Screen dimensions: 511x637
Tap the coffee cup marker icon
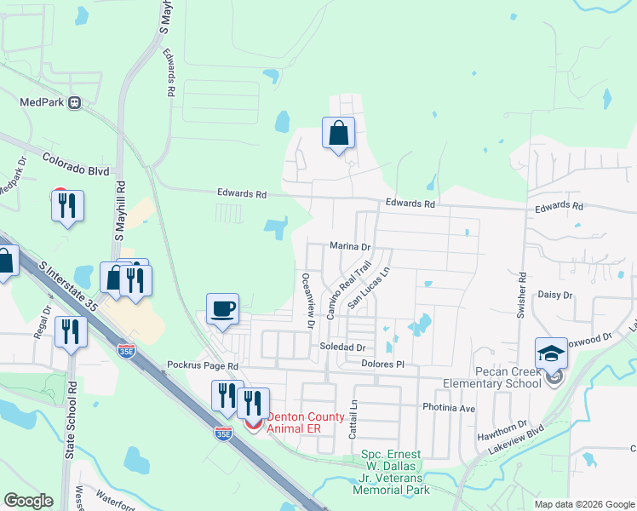[223, 308]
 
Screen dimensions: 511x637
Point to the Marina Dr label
[351, 247]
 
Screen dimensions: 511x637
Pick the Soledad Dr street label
[341, 348]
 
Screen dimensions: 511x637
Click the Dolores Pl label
[382, 365]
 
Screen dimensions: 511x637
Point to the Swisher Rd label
[522, 295]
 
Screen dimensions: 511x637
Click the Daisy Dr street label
[555, 295]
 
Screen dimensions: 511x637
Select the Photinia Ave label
[449, 408]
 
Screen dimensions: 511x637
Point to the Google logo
[28, 501]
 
